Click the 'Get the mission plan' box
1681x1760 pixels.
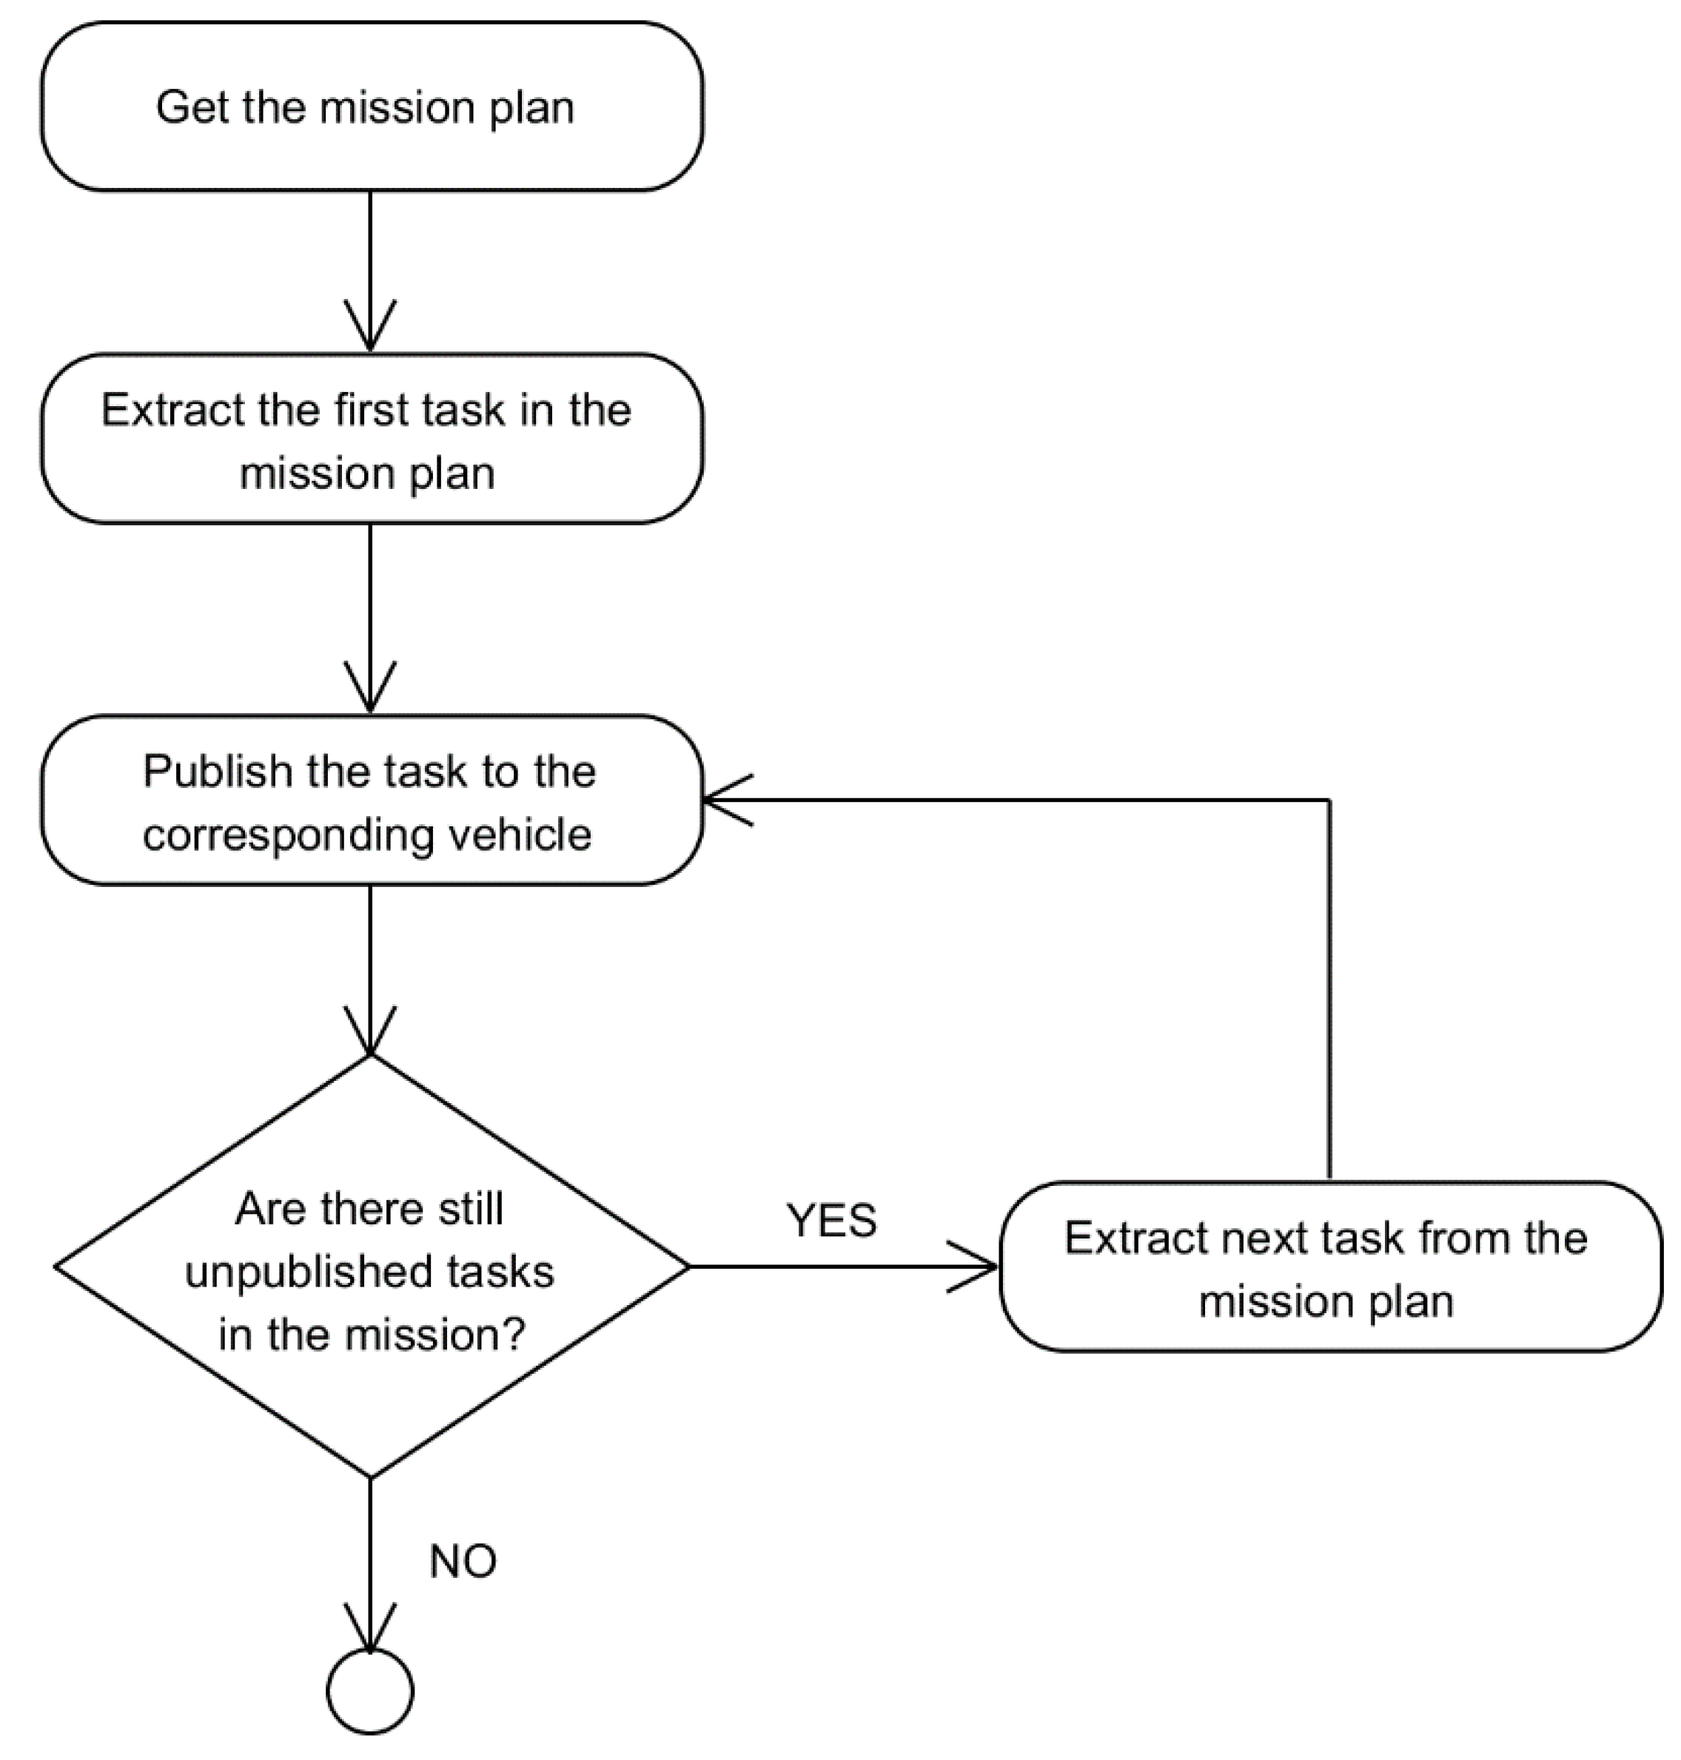pyautogui.click(x=371, y=107)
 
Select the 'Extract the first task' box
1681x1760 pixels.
pyautogui.click(x=371, y=439)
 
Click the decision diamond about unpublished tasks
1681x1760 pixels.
pyautogui.click(x=371, y=1267)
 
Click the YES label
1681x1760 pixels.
pyautogui.click(x=831, y=1220)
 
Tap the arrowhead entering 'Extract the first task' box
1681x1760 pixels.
pyautogui.click(x=370, y=331)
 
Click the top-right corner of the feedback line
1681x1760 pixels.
pyautogui.click(x=1329, y=800)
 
